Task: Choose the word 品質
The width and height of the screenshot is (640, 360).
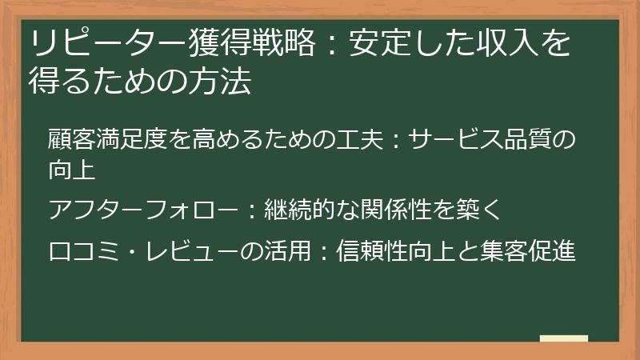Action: click(x=523, y=142)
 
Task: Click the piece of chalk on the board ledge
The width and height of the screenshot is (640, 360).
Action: click(x=563, y=338)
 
